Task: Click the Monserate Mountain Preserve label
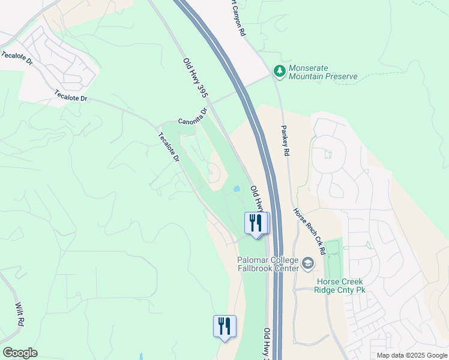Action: pyautogui.click(x=323, y=72)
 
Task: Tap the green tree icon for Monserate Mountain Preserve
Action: pyautogui.click(x=279, y=71)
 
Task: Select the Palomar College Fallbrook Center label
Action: pyautogui.click(x=268, y=264)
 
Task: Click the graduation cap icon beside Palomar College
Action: pyautogui.click(x=308, y=263)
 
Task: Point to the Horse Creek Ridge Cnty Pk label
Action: pyautogui.click(x=340, y=286)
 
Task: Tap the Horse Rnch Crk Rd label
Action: pyautogui.click(x=309, y=232)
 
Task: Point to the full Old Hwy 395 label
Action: pyautogui.click(x=194, y=78)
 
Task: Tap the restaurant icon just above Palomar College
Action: pyautogui.click(x=257, y=224)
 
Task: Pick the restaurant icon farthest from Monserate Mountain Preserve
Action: pyautogui.click(x=224, y=327)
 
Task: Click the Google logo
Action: pyautogui.click(x=20, y=353)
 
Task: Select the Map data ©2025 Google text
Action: pyautogui.click(x=412, y=355)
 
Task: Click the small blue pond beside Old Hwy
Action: pyautogui.click(x=237, y=188)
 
